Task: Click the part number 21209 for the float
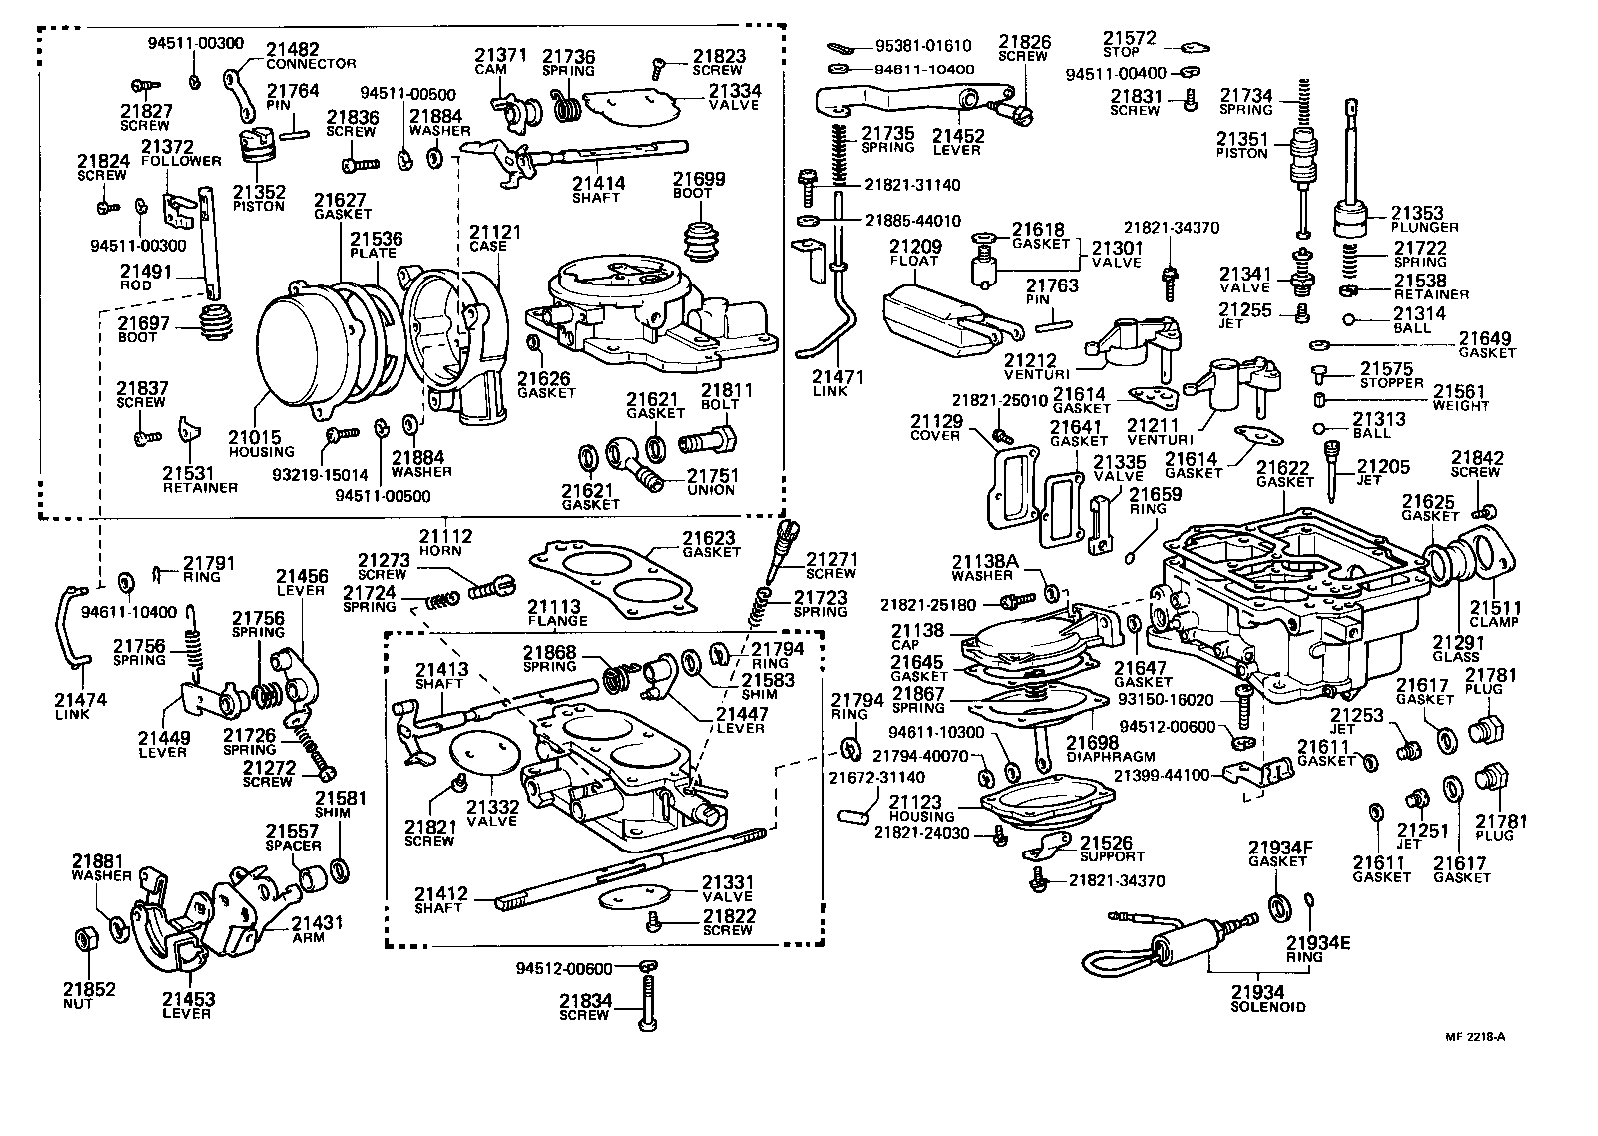pos(913,245)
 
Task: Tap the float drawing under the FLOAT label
pos(939,321)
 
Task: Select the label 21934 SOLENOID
pos(1267,998)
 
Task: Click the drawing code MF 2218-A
pos(1473,1036)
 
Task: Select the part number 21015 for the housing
pos(254,437)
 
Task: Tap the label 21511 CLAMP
pos(1494,613)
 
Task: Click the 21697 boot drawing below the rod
pos(211,325)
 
